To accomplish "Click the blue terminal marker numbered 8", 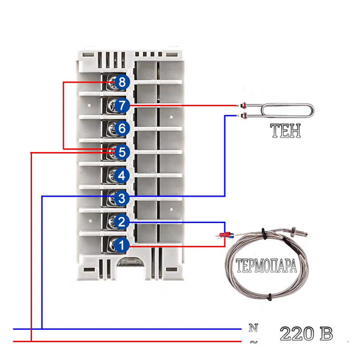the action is click(122, 82).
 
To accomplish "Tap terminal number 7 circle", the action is click(122, 106).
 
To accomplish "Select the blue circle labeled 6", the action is click(122, 128).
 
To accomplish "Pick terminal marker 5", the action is click(122, 152).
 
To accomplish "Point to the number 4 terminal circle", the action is click(122, 175).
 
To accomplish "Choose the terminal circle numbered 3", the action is click(121, 198).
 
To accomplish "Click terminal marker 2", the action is click(121, 222).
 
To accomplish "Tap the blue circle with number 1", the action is click(121, 245).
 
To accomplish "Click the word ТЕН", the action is click(285, 131).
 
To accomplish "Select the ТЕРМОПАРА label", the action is click(266, 266).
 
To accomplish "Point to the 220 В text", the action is click(306, 333).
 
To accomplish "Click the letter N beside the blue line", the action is click(253, 327).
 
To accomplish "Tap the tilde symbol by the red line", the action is click(253, 342).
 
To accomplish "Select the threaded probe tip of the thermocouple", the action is click(300, 232).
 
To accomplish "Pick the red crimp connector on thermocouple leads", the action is click(224, 235).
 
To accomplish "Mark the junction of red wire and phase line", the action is click(31, 341).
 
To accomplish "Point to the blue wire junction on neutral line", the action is click(42, 329).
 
